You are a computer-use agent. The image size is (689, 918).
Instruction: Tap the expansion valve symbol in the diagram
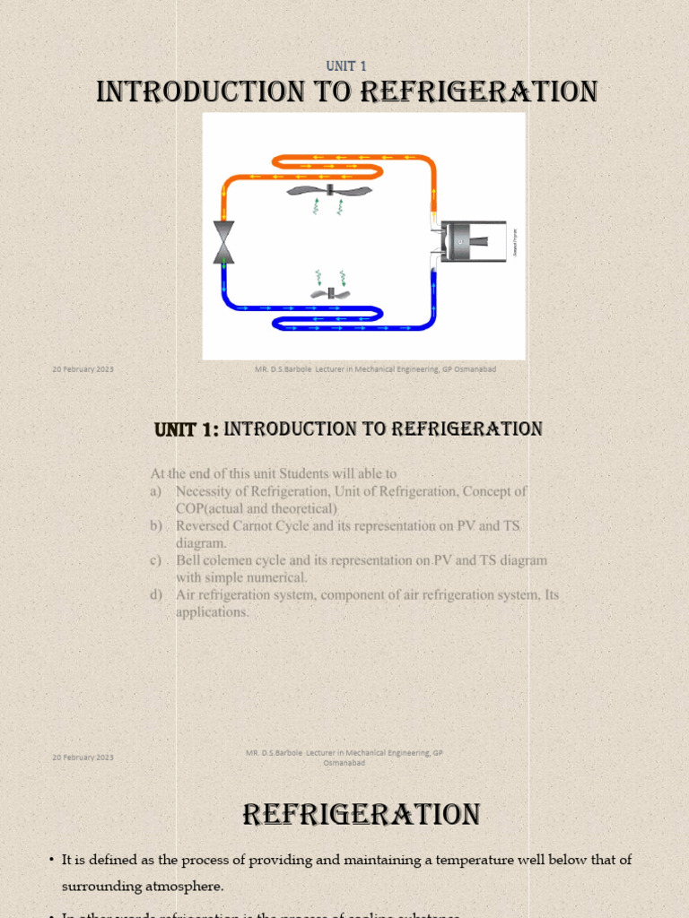point(223,242)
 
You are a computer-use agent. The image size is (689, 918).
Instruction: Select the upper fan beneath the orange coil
point(329,191)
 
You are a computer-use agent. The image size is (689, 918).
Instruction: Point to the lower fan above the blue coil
point(329,292)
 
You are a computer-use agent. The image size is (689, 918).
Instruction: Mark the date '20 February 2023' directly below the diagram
point(83,369)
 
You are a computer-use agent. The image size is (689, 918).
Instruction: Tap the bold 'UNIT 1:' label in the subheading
point(187,429)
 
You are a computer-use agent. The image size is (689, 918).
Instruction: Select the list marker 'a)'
point(157,491)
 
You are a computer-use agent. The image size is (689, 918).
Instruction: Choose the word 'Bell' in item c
point(188,560)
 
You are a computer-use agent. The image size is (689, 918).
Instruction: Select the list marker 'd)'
point(157,594)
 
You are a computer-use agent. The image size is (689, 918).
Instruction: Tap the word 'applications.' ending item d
point(212,612)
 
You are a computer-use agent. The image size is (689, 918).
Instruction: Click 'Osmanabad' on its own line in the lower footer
point(344,763)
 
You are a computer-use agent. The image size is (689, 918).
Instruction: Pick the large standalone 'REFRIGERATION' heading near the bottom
point(362,815)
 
